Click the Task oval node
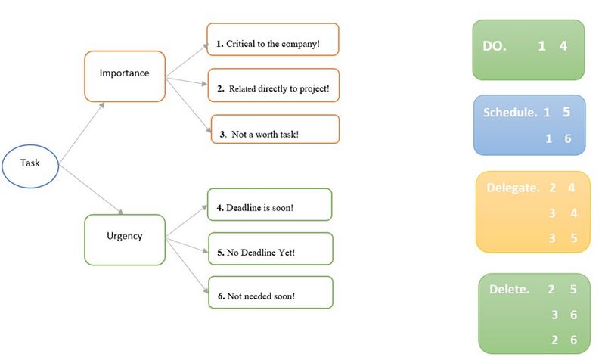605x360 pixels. [30, 166]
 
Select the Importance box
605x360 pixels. [125, 76]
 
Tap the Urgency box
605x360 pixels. [125, 240]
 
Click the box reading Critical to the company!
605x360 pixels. [273, 39]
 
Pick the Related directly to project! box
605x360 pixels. [274, 85]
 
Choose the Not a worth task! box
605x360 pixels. [275, 129]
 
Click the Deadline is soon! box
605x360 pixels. [270, 204]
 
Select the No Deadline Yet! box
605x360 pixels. [271, 249]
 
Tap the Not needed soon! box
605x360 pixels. [271, 293]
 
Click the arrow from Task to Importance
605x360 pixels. [82, 132]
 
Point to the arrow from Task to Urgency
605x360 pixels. [92, 189]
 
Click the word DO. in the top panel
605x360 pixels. [495, 46]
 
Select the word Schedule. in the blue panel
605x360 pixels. [510, 112]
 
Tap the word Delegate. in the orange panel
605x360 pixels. [513, 188]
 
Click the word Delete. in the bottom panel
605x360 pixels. [509, 290]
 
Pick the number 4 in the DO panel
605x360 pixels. [563, 46]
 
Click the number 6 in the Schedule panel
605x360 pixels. [568, 138]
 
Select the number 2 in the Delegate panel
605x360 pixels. [553, 188]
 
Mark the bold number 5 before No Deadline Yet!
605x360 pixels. [220, 253]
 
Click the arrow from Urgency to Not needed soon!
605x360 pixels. [187, 266]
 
